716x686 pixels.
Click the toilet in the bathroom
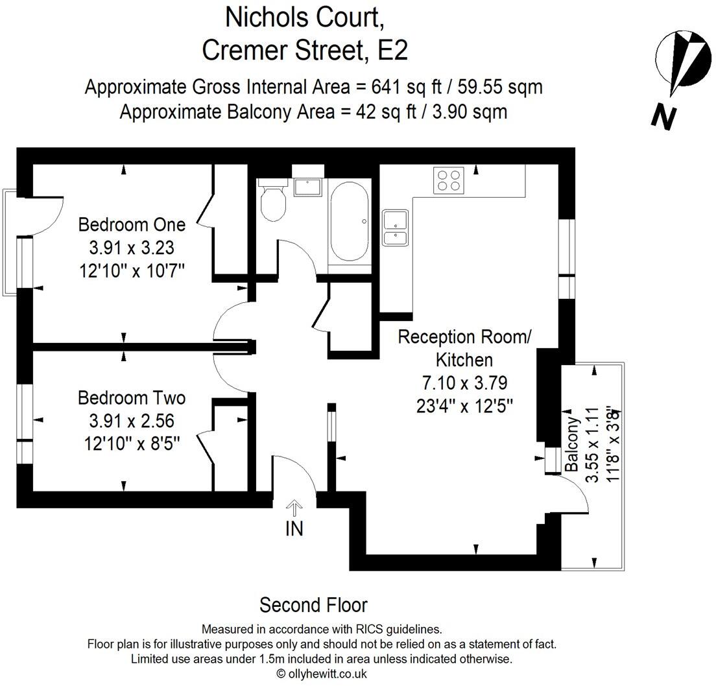(x=273, y=202)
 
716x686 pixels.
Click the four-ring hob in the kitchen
(x=449, y=180)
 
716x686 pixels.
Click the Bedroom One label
(x=132, y=224)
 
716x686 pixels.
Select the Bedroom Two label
(x=132, y=397)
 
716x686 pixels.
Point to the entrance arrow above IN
(x=294, y=508)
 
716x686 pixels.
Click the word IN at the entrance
(x=294, y=528)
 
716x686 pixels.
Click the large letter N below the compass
(x=665, y=117)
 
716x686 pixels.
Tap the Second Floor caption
(x=313, y=605)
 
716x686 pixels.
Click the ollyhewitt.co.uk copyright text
(x=322, y=674)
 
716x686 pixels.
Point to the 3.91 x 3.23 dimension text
(x=132, y=247)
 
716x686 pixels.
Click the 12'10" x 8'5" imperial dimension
(x=132, y=443)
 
